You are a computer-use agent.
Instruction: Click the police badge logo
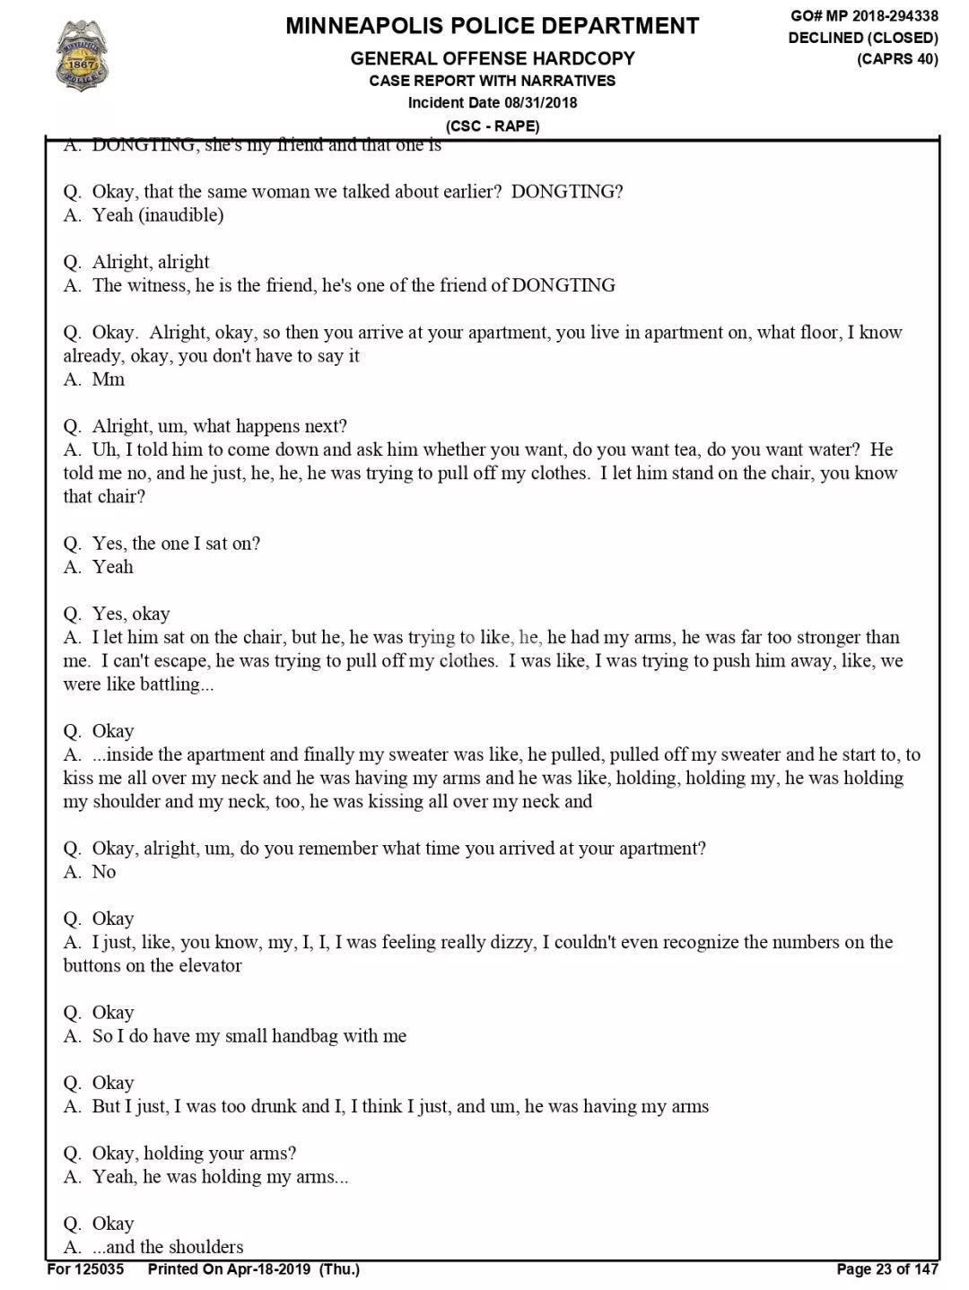pos(80,56)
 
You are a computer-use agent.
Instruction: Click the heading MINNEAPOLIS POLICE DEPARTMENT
pos(492,26)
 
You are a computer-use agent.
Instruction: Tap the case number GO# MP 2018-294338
pos(864,15)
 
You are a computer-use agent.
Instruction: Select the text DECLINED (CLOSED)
pos(863,38)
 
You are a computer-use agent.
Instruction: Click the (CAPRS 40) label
pos(897,59)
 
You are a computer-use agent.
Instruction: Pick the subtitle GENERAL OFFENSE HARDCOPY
pos(492,59)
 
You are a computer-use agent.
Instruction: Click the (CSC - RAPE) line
pos(493,126)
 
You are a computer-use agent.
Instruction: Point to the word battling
pos(175,684)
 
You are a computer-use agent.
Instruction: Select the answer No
pos(104,872)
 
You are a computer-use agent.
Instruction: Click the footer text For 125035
pos(85,1269)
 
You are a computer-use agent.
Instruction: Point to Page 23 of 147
pos(886,1269)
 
